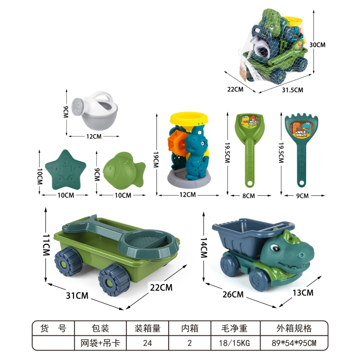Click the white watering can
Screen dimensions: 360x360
tap(94, 111)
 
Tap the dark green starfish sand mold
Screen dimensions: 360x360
tap(66, 170)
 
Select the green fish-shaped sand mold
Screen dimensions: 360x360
tap(124, 169)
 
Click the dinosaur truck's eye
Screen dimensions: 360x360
tap(274, 248)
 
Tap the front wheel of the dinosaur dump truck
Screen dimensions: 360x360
tap(260, 279)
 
